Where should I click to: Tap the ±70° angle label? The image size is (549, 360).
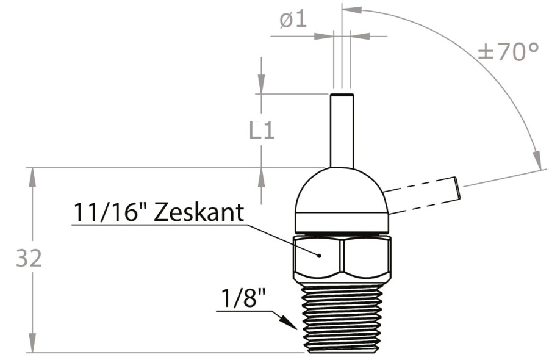click(x=508, y=51)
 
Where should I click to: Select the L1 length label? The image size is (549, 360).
click(x=262, y=131)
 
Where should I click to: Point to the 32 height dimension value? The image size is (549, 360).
click(x=29, y=258)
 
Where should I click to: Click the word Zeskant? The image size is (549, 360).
click(x=199, y=212)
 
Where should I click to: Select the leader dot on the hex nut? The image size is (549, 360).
click(x=319, y=256)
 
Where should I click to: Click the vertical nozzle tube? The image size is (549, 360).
click(x=342, y=131)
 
